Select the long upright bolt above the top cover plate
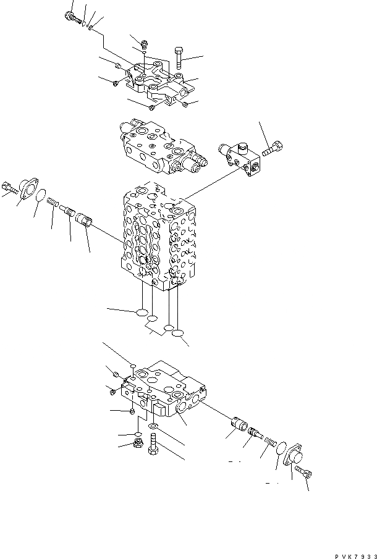click(179, 59)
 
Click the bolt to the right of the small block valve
click(274, 149)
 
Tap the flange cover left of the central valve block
click(28, 188)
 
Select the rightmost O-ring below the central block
click(178, 334)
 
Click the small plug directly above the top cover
click(144, 43)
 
